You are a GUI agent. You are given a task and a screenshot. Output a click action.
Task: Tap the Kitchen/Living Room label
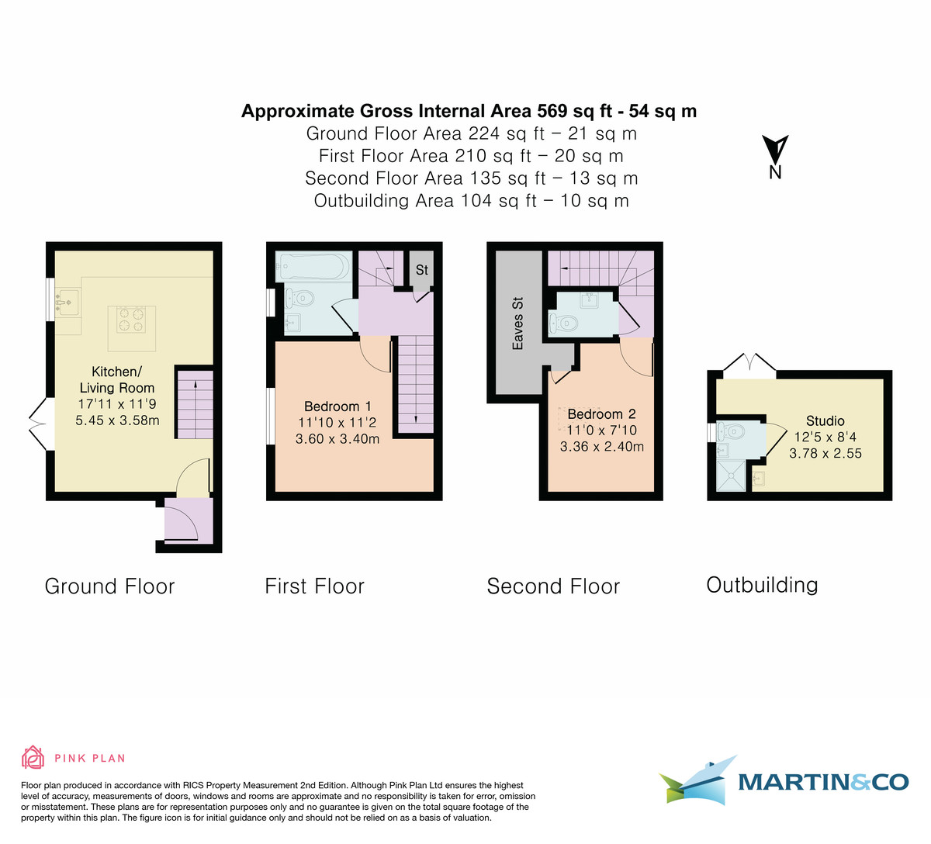117,379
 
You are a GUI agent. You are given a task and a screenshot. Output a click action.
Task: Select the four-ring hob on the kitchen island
131,319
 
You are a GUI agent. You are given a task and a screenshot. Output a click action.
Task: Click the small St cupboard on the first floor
421,269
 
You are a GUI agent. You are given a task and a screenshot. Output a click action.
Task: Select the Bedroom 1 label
337,406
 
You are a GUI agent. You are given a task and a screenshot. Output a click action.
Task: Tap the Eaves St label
517,323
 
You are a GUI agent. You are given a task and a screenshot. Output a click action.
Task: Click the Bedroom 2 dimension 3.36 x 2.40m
601,447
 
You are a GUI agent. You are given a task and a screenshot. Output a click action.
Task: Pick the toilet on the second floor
564,322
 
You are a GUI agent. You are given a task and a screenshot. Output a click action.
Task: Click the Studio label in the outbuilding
825,421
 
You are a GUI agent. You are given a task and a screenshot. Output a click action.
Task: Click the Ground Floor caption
109,586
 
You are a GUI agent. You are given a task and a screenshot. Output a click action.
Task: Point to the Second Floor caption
553,586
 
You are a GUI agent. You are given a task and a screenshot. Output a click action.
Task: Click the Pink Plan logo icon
33,757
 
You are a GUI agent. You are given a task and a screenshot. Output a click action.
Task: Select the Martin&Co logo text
822,782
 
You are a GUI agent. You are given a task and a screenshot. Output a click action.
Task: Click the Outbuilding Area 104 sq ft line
471,201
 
